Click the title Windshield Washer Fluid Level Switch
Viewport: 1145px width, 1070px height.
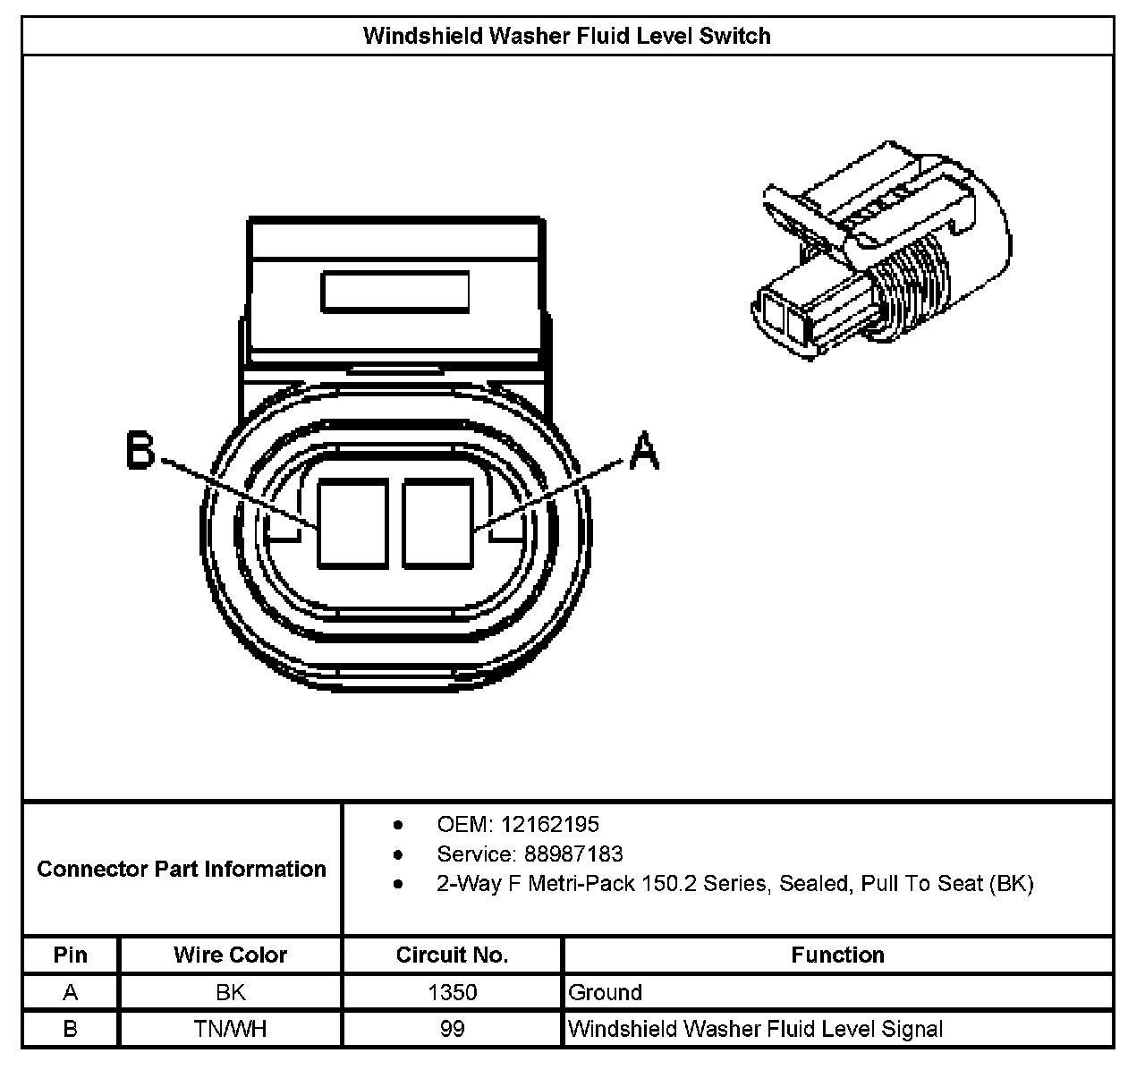(566, 36)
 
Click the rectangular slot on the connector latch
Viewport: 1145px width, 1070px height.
(394, 293)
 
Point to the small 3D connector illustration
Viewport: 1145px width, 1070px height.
(881, 254)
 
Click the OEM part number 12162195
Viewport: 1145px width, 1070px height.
(549, 824)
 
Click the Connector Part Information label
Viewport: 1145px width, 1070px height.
(182, 869)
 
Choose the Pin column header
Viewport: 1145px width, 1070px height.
(71, 955)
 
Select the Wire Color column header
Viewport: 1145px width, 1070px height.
(230, 955)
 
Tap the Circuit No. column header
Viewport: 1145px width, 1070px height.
(452, 955)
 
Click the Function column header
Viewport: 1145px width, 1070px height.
(837, 955)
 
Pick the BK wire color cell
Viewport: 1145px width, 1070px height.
(230, 992)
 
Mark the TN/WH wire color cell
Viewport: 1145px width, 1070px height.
(230, 1029)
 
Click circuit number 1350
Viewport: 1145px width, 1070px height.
(452, 992)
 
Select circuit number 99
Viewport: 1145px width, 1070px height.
(452, 1029)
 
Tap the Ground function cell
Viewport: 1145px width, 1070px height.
(606, 992)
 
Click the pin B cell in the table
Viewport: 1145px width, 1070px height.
(71, 1029)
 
